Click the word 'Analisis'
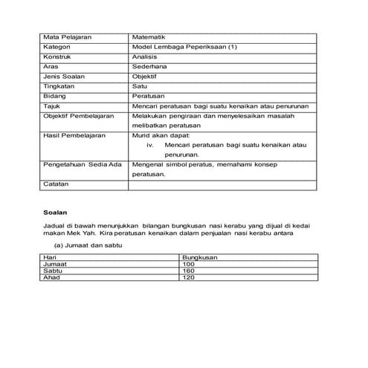click(144, 57)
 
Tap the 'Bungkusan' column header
click(199, 256)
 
